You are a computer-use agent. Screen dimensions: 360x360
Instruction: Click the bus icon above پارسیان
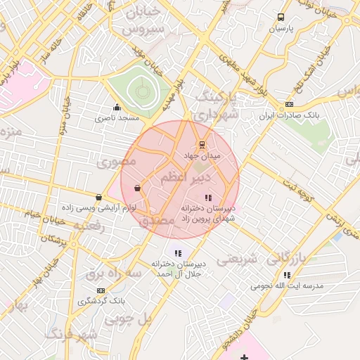click(281, 18)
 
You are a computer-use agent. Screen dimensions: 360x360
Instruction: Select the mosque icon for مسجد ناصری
click(117, 108)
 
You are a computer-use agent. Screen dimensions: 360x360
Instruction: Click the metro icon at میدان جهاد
click(202, 145)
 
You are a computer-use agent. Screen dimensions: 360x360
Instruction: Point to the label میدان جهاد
click(202, 155)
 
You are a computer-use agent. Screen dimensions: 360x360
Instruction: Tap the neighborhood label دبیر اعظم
click(172, 176)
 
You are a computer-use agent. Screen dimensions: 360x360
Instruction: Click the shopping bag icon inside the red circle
click(136, 188)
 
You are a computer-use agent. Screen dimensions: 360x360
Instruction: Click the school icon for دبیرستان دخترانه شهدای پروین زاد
click(207, 198)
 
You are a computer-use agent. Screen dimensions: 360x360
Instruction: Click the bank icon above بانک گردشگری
click(101, 290)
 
